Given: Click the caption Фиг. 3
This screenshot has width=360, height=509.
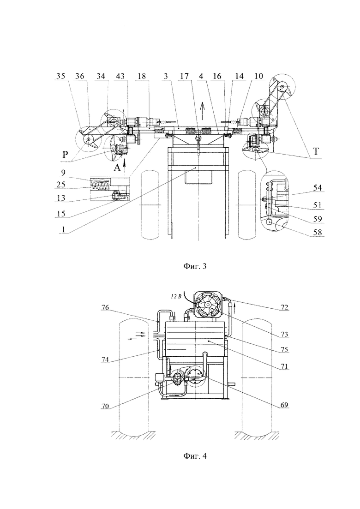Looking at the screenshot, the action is [x=194, y=267].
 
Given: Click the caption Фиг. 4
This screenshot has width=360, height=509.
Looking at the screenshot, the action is [x=194, y=456].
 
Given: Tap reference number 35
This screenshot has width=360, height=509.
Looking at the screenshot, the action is [x=61, y=76].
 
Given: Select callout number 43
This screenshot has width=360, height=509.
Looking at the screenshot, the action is [x=120, y=76].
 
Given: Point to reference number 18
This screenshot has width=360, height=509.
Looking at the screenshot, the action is [x=141, y=76].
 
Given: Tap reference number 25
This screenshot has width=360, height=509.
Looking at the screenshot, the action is [x=61, y=185].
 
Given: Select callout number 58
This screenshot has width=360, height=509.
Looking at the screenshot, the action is [x=317, y=233].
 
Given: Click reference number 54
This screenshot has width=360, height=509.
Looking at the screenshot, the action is [x=317, y=188].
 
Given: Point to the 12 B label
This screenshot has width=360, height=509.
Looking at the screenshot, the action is [x=177, y=296].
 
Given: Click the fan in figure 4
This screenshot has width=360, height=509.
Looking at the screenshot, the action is [x=207, y=304].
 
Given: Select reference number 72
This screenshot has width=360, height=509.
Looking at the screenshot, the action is [x=284, y=307].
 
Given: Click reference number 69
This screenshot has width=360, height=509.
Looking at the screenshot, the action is [x=284, y=406].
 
